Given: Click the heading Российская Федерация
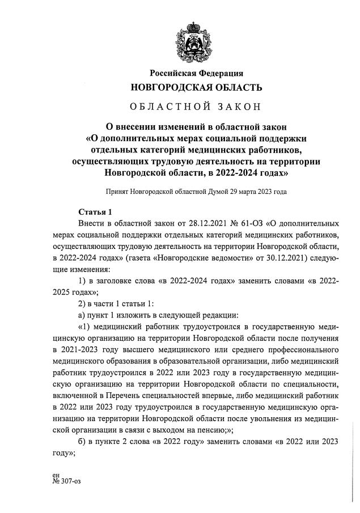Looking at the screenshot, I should (196, 73).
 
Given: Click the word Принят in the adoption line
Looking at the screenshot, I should (117, 192).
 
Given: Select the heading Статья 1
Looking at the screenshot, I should (92, 212).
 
